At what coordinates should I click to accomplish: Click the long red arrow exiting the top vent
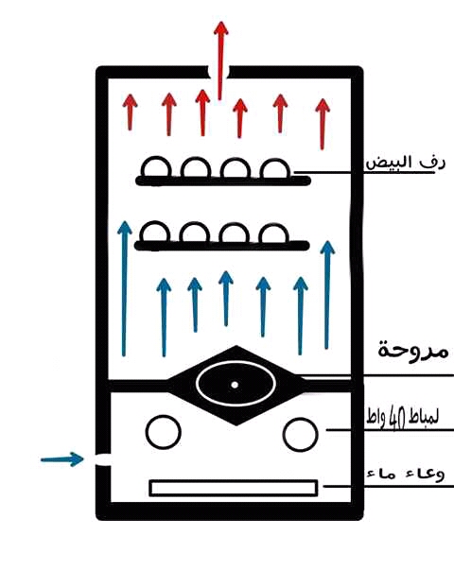coord(220,60)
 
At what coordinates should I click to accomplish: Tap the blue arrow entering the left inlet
coord(62,459)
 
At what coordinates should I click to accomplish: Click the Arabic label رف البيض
coord(406,164)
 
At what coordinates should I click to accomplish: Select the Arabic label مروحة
coord(412,351)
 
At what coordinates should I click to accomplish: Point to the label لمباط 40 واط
coord(402,417)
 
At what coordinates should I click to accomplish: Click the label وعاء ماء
coord(406,475)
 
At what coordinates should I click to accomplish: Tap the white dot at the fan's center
coord(235,385)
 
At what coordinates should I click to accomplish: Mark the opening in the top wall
coord(218,72)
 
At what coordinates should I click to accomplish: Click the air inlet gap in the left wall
coord(102,459)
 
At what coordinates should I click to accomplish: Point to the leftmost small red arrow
coord(130,112)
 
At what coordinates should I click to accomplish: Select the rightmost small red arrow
coord(323,124)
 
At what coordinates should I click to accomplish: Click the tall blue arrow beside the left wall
coord(124,288)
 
